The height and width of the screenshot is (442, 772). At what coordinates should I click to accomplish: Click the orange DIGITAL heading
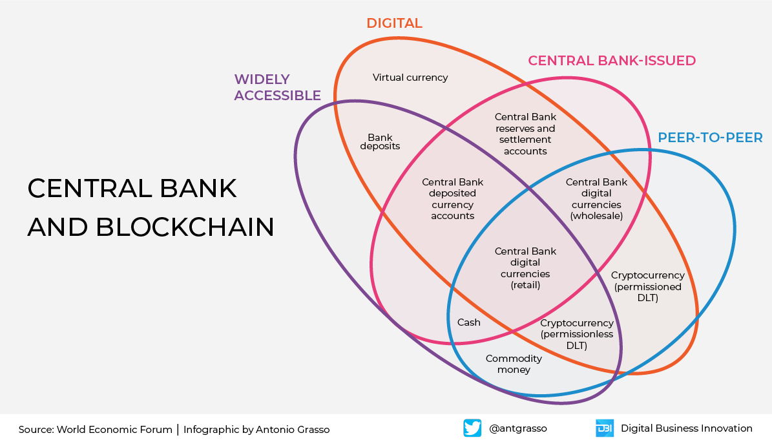394,23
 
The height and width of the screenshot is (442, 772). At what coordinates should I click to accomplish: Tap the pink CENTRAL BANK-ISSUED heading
612,61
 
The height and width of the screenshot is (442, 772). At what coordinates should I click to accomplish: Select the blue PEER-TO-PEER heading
710,138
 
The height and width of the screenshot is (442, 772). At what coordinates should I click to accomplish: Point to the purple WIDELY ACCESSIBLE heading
277,87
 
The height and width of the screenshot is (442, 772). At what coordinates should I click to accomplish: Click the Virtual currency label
410,78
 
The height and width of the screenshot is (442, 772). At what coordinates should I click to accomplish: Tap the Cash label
468,322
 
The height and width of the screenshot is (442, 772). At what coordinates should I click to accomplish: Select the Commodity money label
514,364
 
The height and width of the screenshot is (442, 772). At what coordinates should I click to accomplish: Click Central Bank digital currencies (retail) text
525,268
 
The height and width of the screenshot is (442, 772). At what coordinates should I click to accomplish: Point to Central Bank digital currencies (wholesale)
596,199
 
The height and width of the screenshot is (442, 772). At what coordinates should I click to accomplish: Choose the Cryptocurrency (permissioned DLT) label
647,287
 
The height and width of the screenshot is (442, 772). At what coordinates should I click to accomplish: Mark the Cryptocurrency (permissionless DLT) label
576,334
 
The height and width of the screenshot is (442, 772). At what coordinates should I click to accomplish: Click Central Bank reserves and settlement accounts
525,134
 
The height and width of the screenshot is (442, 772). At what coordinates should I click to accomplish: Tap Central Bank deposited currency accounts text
452,199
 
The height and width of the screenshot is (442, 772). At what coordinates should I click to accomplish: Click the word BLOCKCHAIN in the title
186,227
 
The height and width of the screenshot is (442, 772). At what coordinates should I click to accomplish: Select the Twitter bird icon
472,428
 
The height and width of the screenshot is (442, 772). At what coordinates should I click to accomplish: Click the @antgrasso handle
518,428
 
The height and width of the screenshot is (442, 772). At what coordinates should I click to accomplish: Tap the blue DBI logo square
604,428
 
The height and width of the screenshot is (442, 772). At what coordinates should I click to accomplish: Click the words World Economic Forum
114,430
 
